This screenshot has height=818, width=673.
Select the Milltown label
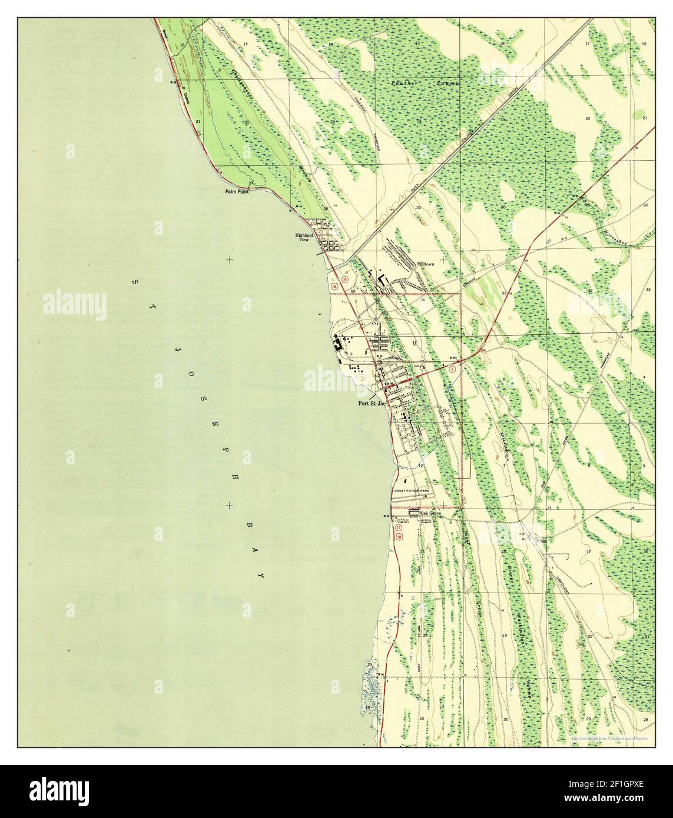point(426,265)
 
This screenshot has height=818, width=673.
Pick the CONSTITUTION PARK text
point(412,491)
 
